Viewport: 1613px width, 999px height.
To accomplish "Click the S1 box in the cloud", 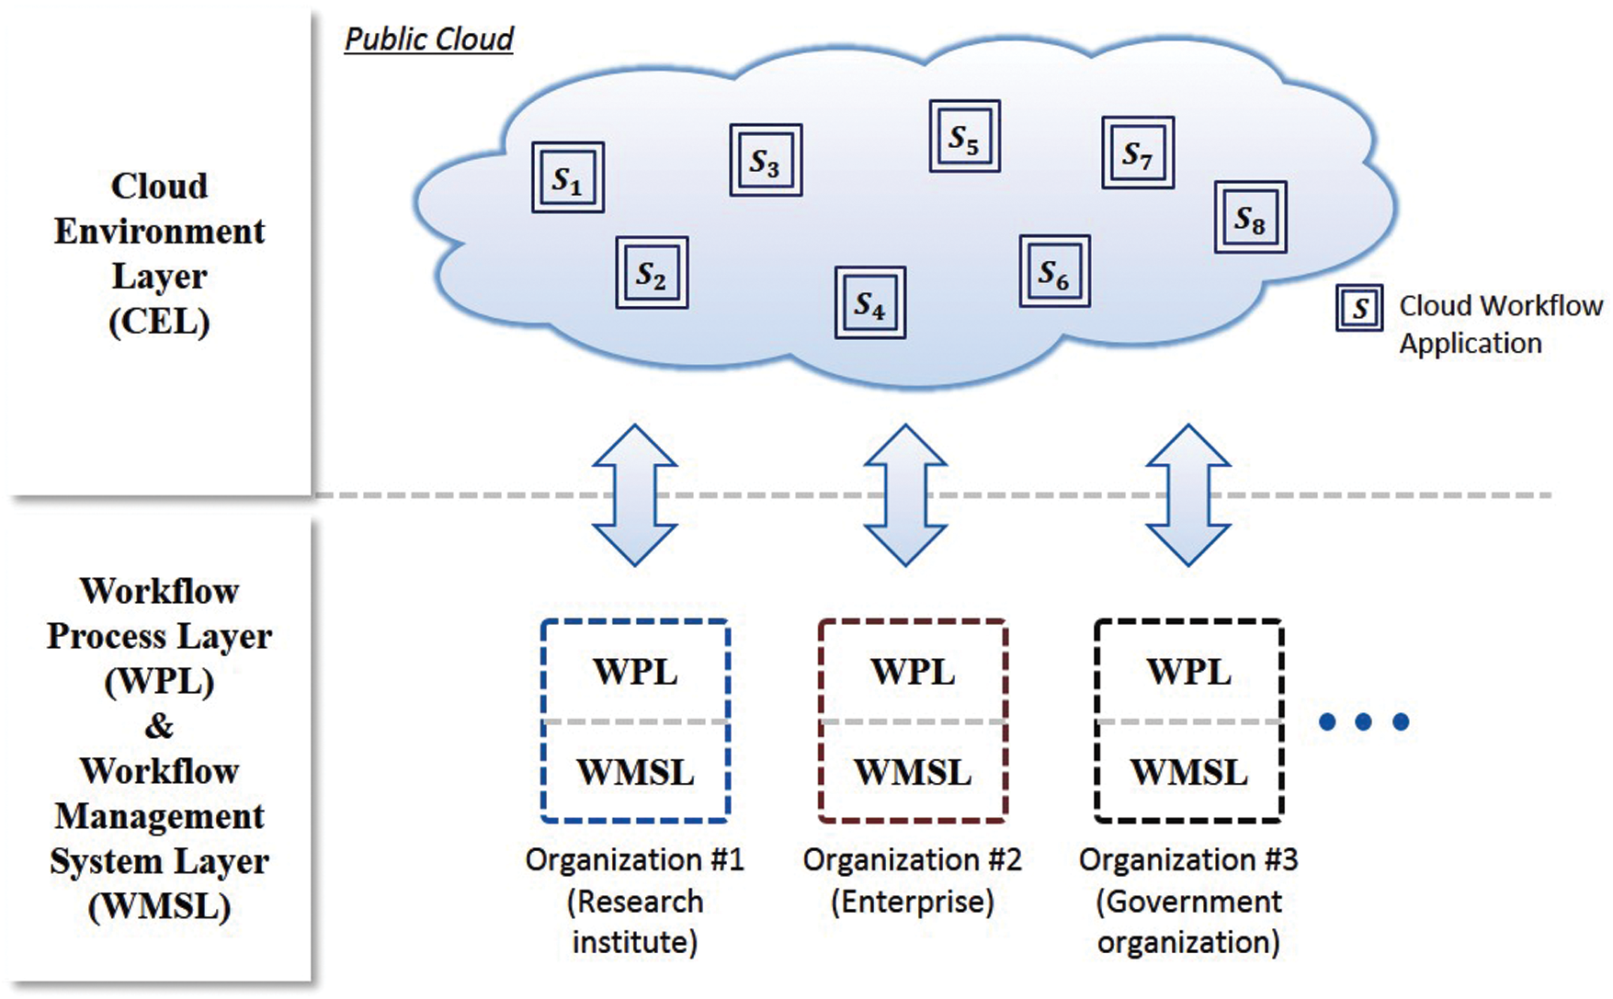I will (568, 177).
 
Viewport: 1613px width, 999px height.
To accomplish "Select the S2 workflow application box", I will (652, 273).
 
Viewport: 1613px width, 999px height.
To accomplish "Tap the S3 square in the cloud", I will (766, 161).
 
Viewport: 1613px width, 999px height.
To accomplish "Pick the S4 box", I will (870, 302).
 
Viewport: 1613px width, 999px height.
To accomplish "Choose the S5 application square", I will (964, 137).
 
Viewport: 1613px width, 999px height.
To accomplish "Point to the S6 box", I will (1054, 271).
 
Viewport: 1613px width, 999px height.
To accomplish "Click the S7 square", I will (1138, 153).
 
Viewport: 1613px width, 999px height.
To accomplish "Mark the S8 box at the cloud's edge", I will (1250, 217).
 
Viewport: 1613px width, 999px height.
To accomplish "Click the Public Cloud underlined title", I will (428, 40).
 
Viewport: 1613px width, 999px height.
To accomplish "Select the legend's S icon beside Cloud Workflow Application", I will (1359, 308).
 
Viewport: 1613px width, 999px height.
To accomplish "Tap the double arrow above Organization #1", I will (635, 494).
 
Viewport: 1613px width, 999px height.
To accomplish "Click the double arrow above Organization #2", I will (906, 494).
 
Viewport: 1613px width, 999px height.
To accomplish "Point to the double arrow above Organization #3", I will (1188, 494).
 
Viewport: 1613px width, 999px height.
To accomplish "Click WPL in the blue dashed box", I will (635, 672).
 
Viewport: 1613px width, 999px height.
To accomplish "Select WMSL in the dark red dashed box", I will (913, 772).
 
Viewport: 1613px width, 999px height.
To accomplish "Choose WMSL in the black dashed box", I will (1188, 772).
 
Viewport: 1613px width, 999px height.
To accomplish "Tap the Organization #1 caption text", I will (634, 860).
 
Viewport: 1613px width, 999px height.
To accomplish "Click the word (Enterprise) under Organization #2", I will (913, 902).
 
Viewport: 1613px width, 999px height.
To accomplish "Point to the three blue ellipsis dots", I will (1364, 721).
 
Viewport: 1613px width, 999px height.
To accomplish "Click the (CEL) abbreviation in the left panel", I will (159, 322).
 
